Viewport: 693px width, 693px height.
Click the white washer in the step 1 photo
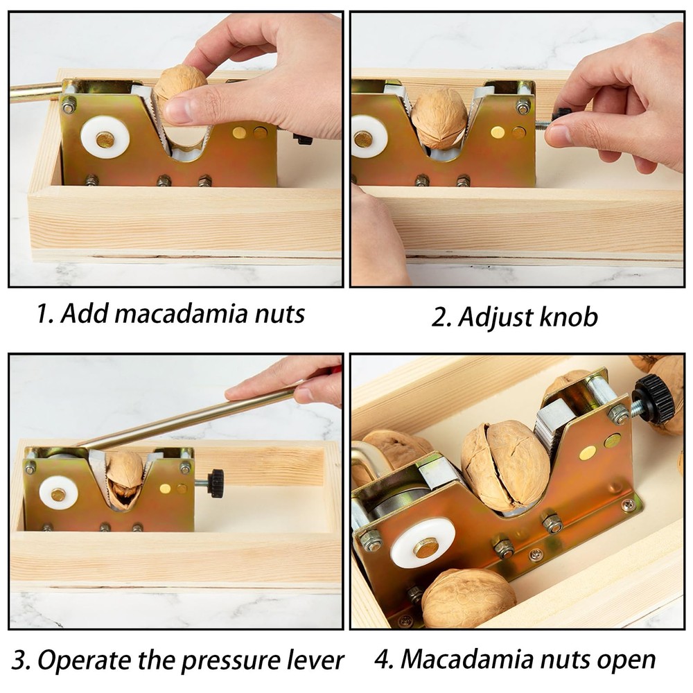click(105, 137)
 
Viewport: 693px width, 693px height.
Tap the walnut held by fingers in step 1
click(179, 87)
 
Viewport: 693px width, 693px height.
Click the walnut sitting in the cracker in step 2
click(439, 118)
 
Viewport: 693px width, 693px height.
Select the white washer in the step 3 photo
click(58, 492)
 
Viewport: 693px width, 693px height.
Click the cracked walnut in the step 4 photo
click(505, 466)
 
